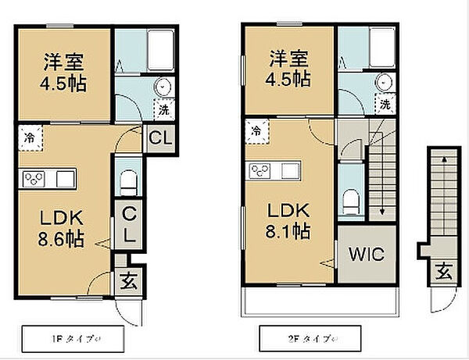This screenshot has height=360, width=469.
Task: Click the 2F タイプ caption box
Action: click(x=310, y=340)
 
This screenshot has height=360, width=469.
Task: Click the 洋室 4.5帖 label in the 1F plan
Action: click(x=63, y=71)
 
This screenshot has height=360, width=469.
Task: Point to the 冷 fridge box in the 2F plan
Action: click(x=257, y=131)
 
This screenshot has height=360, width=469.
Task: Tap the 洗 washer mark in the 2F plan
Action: click(x=385, y=102)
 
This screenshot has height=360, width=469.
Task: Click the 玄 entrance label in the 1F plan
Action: click(x=128, y=281)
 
